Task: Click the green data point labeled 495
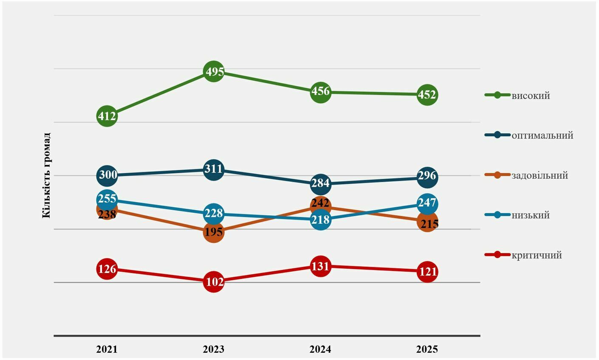tap(213, 71)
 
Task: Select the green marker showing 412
tap(107, 116)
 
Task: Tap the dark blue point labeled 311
tap(213, 170)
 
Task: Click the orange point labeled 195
tap(213, 232)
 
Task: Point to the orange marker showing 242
tap(320, 206)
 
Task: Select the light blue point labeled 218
tap(320, 219)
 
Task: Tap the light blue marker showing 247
tap(427, 204)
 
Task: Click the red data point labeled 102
tap(213, 282)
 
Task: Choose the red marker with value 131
tap(320, 266)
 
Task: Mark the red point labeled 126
tap(107, 269)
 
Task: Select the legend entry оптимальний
tap(529, 135)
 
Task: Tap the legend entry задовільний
tap(526, 175)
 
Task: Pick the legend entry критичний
tap(523, 255)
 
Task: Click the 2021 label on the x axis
tap(107, 349)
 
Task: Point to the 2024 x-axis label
tap(320, 349)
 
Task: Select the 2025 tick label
tap(427, 349)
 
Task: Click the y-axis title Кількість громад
tap(46, 175)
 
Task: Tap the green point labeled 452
tap(427, 95)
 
